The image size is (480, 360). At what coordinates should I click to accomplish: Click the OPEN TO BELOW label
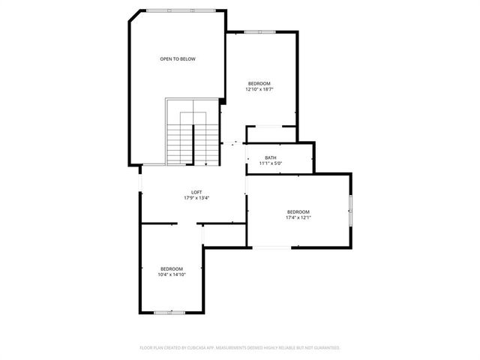click(x=177, y=58)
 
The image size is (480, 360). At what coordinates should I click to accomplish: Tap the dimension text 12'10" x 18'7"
click(x=259, y=89)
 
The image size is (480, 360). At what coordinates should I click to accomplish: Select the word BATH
click(x=270, y=157)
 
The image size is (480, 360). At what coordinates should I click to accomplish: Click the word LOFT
click(x=196, y=192)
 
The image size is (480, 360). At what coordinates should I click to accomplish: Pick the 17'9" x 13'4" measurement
click(x=196, y=198)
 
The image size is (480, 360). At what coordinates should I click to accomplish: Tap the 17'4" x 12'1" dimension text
click(x=298, y=218)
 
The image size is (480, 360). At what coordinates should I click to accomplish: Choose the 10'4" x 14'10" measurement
click(x=171, y=274)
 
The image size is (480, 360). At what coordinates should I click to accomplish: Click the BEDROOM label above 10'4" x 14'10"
click(x=171, y=268)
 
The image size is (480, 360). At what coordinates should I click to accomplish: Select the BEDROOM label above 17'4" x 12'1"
click(x=298, y=212)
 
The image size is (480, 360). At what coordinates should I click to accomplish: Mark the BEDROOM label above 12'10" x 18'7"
click(x=259, y=83)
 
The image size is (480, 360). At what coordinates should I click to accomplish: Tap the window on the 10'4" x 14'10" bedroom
click(x=169, y=312)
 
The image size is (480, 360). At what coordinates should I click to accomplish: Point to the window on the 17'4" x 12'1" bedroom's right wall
click(x=350, y=209)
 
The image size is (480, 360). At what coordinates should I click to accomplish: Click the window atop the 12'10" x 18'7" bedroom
click(x=259, y=31)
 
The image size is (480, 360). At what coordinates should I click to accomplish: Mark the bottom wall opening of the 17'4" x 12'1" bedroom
click(x=271, y=247)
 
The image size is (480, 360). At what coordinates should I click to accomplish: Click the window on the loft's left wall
click(x=139, y=184)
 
